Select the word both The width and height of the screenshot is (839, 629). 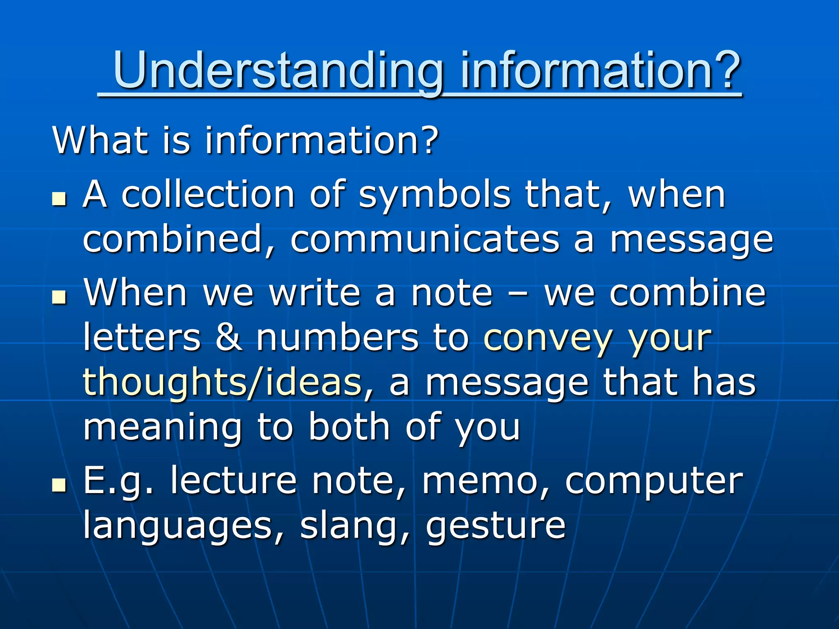[349, 427]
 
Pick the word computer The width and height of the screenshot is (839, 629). [654, 482]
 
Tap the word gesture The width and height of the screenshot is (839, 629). [496, 527]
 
